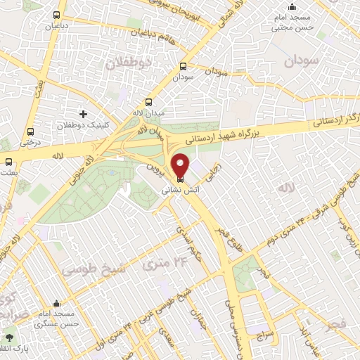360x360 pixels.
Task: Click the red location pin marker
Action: click(x=181, y=165)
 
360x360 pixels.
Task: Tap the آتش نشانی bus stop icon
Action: click(x=181, y=179)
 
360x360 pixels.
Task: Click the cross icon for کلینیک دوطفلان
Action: click(x=84, y=114)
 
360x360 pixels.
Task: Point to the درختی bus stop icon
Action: click(x=30, y=131)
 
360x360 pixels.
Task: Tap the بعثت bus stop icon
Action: click(x=8, y=162)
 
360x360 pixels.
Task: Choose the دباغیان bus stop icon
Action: click(x=56, y=15)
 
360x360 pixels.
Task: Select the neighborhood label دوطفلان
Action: click(x=129, y=63)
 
